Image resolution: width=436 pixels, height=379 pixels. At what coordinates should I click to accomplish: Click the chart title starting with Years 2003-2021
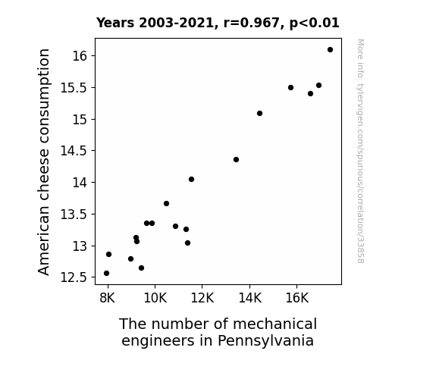coord(218,23)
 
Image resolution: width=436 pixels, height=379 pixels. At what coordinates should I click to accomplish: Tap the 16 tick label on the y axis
coord(80,56)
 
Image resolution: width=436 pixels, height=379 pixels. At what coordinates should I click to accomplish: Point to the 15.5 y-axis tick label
coord(74,88)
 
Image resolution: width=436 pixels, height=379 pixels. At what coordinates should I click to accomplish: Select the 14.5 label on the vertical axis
coord(74,151)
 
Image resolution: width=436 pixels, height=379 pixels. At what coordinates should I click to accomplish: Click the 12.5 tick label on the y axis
coord(74,277)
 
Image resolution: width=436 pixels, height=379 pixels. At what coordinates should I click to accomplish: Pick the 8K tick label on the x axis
coord(108,298)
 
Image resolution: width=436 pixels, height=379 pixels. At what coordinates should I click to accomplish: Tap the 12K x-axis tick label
coord(202,298)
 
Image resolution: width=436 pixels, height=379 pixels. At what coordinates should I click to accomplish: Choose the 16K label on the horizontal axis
coord(297,298)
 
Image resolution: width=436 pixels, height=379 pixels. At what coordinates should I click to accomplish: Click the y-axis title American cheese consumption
coord(44,161)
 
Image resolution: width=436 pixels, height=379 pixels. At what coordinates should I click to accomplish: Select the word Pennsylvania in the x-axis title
coord(265,340)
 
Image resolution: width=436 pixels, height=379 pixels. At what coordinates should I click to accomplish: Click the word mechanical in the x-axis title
coord(274,324)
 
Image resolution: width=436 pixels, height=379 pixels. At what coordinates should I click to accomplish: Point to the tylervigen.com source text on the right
coord(360,151)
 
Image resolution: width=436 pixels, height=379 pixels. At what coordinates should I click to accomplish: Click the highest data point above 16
coord(330,50)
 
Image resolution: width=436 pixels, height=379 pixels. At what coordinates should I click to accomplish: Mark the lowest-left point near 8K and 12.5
coord(106,274)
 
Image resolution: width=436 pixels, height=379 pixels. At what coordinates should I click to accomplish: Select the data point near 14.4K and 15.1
coord(260,114)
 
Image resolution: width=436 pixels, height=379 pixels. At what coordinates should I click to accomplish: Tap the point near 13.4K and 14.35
coord(236,160)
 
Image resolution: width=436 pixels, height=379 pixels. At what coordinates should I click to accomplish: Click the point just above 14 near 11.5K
coord(191,180)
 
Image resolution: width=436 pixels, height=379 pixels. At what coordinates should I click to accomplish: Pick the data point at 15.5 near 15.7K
coord(291,88)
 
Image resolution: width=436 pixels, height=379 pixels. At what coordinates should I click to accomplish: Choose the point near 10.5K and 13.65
coord(166,204)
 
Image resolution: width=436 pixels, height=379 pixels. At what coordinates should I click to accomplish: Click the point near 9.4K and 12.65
coord(141,268)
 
